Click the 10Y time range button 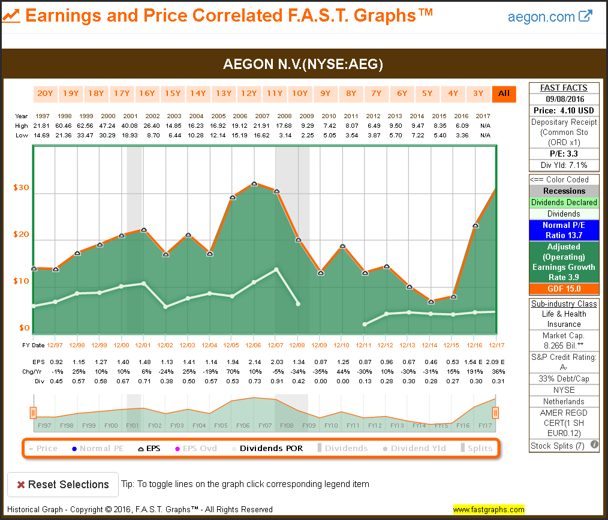[299, 94]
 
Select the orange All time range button [504, 94]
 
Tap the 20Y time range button [45, 94]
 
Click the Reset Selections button [62, 485]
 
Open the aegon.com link [549, 17]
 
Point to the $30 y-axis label [21, 188]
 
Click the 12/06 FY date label [254, 345]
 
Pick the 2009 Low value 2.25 [307, 135]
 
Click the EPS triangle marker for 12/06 [254, 184]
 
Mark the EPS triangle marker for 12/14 [431, 301]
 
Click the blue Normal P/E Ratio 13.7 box [564, 230]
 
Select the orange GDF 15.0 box [564, 288]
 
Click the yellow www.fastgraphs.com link [489, 510]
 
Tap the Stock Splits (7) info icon [594, 445]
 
